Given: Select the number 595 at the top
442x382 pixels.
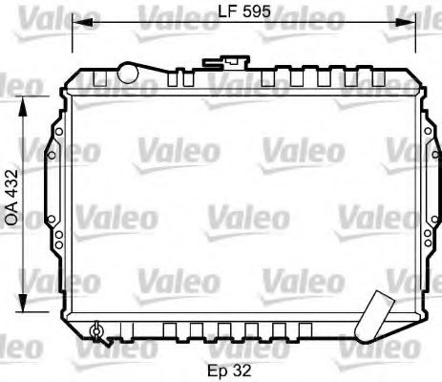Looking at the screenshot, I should pos(254,12).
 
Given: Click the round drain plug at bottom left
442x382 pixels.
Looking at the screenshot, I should pos(95,331).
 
